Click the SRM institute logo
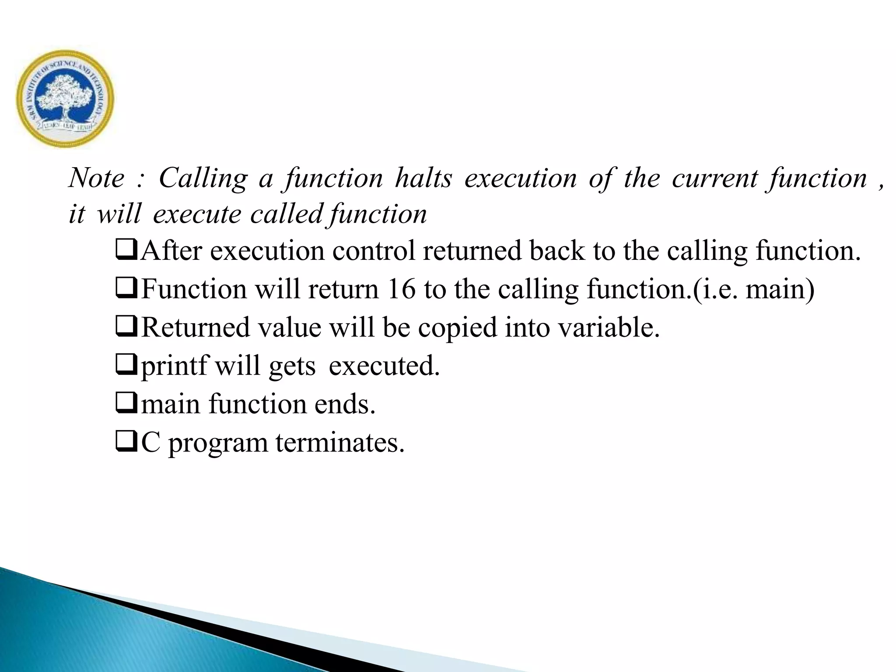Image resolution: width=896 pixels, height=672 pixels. tap(65, 98)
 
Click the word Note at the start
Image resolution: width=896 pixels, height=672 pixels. tap(97, 178)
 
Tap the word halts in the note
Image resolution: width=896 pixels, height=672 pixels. tap(423, 178)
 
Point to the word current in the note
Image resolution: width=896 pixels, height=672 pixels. tap(715, 178)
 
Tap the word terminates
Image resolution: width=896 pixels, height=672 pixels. tap(340, 443)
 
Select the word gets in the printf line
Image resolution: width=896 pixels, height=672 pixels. tap(292, 367)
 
